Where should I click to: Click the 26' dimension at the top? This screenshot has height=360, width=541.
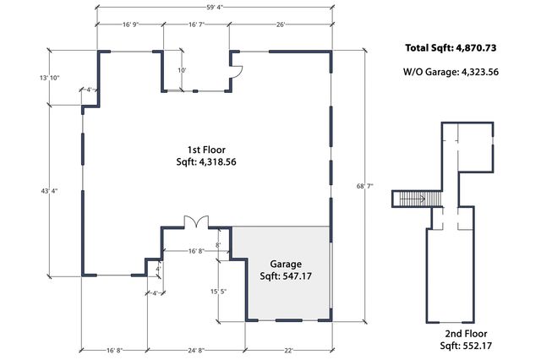[x=280, y=25]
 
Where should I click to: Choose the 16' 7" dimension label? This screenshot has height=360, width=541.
[x=194, y=25]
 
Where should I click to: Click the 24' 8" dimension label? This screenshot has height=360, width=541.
[x=196, y=349]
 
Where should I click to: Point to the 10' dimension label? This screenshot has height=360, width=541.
[x=181, y=70]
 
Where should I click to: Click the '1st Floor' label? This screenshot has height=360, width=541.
[x=205, y=149]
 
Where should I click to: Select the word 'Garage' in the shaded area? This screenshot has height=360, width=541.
[x=285, y=264]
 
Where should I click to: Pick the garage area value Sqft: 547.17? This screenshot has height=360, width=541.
[x=285, y=276]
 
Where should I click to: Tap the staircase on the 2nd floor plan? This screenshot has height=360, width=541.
[x=410, y=199]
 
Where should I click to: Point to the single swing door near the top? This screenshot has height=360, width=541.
[x=237, y=70]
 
